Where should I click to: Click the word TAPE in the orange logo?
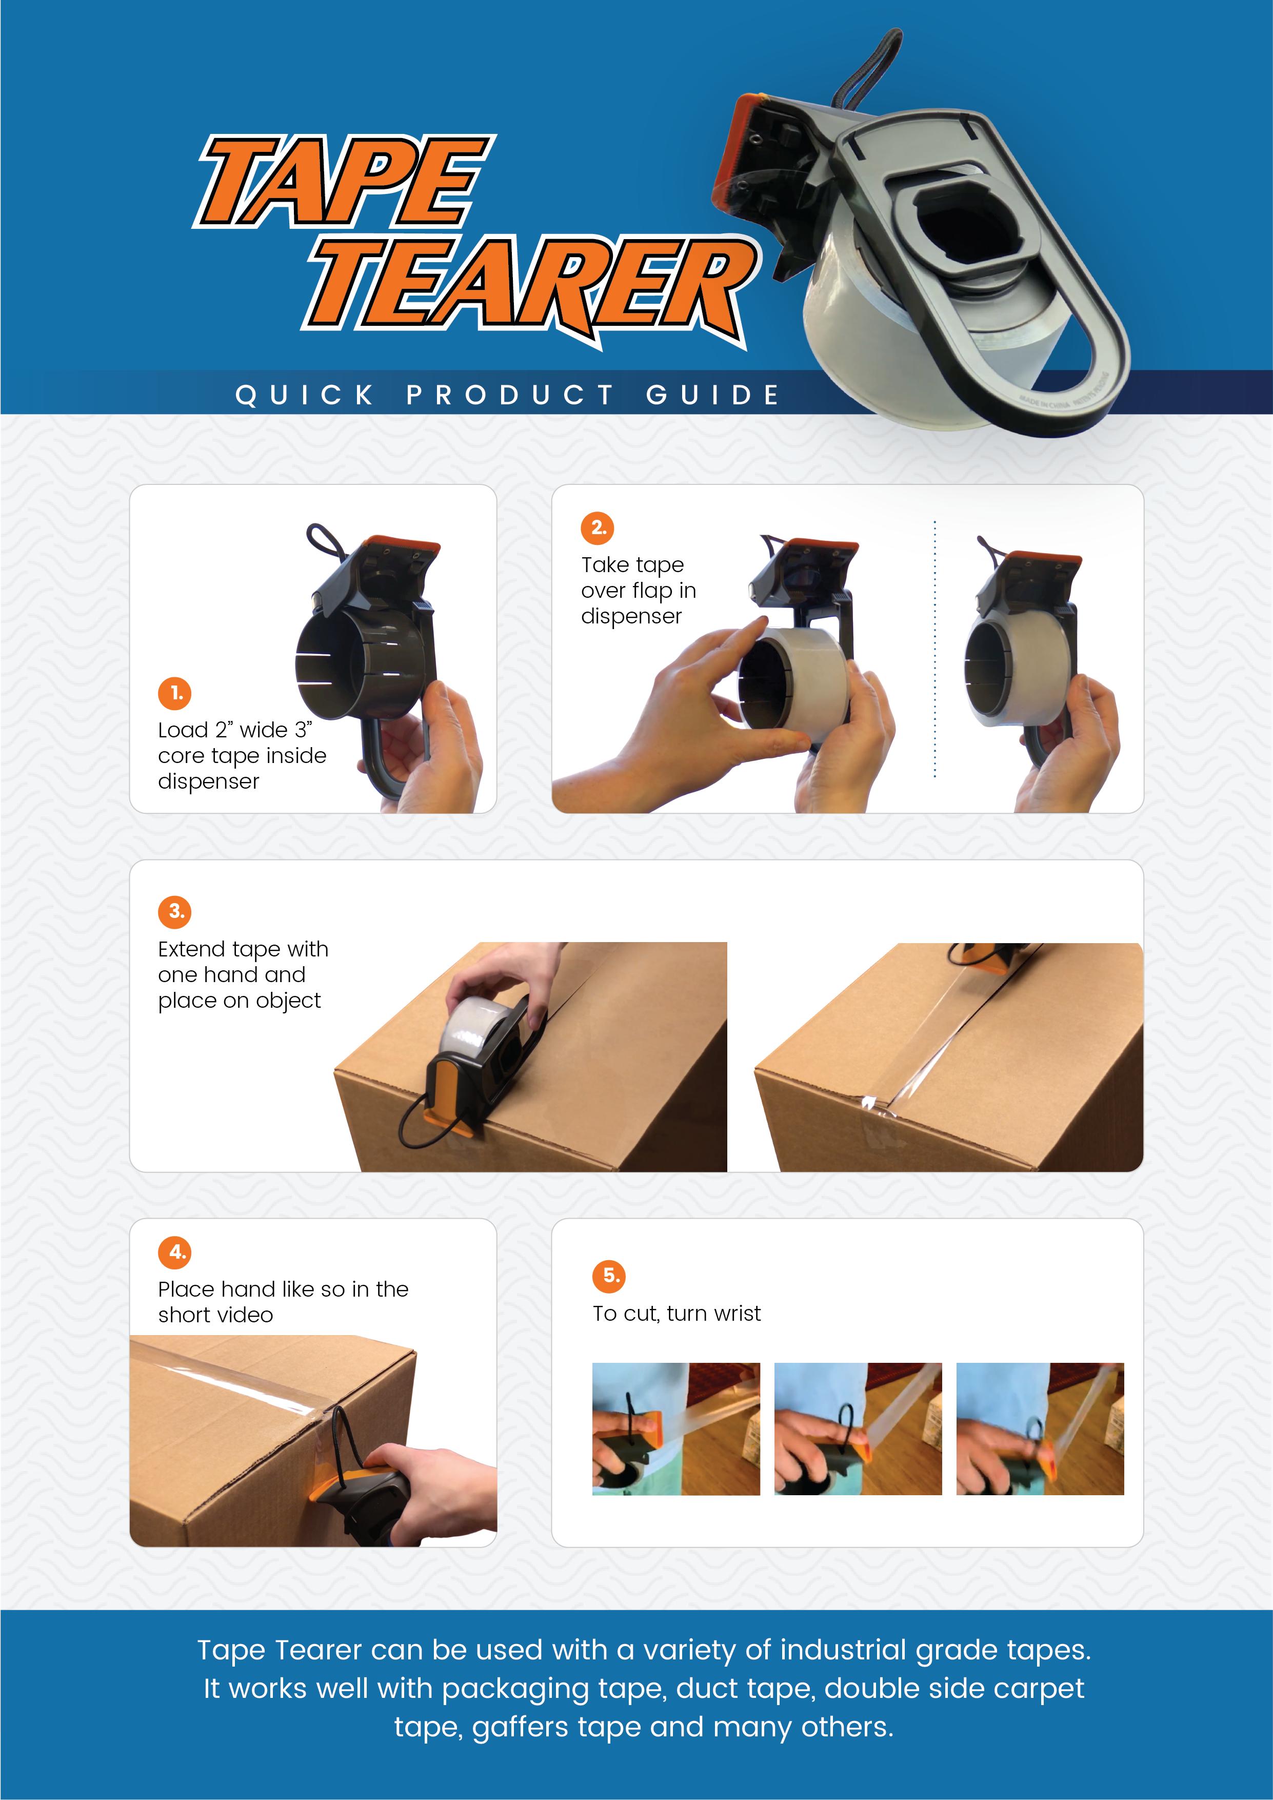point(345,181)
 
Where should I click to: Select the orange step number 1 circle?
point(175,693)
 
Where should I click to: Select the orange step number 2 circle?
point(598,527)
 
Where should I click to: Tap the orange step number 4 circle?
point(175,1252)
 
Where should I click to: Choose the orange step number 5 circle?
point(609,1276)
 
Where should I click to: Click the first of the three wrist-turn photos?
point(675,1429)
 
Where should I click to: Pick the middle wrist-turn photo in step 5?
point(858,1429)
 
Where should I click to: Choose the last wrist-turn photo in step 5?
point(1040,1429)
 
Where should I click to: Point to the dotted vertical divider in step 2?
point(934,649)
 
